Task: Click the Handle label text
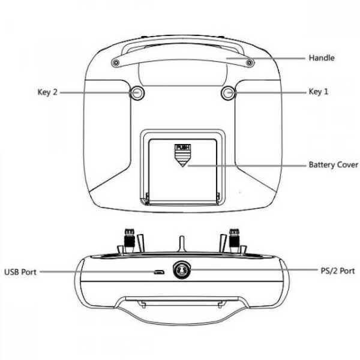[322, 58]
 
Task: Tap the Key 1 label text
[319, 92]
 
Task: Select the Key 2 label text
[47, 92]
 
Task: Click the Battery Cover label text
[334, 164]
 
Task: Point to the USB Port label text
[20, 272]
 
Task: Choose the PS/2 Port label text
[338, 271]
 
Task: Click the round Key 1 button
[229, 93]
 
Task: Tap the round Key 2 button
[137, 93]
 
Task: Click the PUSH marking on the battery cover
[183, 147]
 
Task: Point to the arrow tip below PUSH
[183, 167]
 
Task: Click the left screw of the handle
[116, 62]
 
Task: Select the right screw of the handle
[250, 62]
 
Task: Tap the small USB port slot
[158, 272]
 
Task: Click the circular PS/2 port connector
[182, 270]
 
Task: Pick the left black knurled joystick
[129, 241]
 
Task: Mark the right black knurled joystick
[235, 241]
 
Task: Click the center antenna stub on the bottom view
[182, 244]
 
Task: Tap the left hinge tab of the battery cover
[147, 197]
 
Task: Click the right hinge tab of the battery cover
[218, 197]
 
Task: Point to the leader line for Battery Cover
[247, 166]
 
